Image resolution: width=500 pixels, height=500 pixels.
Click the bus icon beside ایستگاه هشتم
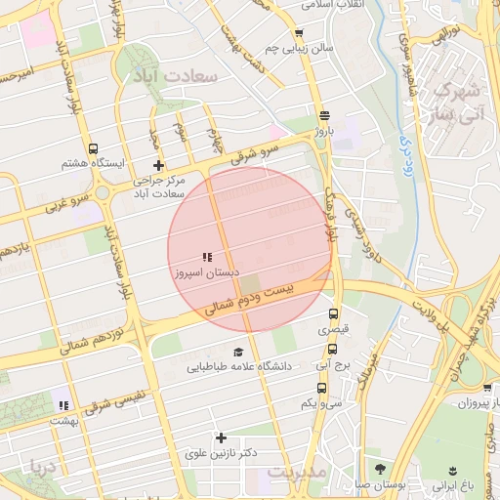93,149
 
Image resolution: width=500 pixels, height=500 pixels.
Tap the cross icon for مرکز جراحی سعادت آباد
158,165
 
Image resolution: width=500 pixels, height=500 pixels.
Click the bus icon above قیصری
333,315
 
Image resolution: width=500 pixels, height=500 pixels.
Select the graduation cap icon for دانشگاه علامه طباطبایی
237,352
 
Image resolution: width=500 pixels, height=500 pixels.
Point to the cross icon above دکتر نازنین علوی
221,437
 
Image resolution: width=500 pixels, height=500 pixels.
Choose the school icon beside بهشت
63,405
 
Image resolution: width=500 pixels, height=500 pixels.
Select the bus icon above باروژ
324,113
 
